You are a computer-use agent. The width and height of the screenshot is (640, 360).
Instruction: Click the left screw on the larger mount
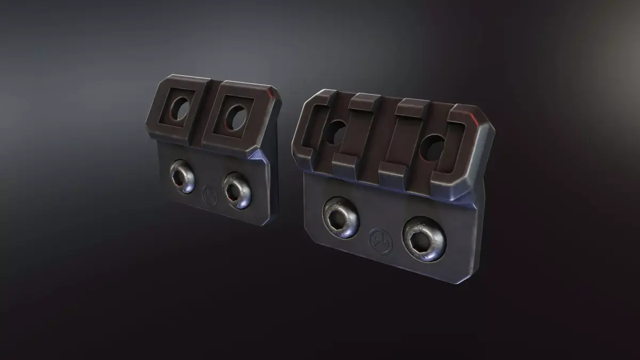coord(340,217)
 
